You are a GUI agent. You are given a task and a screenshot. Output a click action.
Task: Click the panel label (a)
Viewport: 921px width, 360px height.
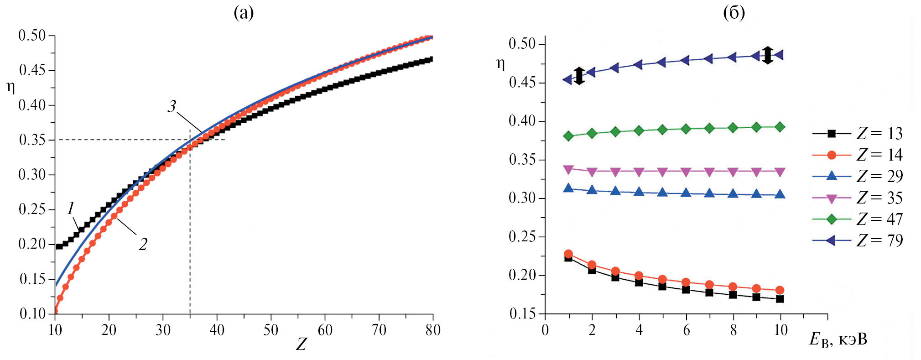coord(244,13)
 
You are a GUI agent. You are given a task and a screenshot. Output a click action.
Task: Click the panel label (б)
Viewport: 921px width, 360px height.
coord(734,13)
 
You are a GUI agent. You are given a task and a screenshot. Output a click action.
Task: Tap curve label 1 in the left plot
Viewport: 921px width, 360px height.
coord(71,209)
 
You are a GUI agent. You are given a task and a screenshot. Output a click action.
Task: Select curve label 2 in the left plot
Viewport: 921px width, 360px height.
coord(143,245)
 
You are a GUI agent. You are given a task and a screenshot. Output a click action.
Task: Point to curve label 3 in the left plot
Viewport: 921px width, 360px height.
coord(172,106)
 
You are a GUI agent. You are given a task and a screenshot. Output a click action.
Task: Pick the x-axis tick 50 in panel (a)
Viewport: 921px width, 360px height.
coord(271,330)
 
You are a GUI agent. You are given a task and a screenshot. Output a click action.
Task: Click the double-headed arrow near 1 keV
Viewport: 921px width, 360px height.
coord(579,76)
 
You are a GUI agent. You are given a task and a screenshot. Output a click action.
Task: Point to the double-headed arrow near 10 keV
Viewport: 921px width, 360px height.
coord(768,55)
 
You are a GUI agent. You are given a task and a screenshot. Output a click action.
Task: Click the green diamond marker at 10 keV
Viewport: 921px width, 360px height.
coord(780,127)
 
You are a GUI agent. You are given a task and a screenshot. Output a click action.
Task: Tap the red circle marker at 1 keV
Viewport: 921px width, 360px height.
coord(568,254)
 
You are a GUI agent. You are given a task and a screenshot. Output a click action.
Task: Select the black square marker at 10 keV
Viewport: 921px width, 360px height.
coord(780,299)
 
